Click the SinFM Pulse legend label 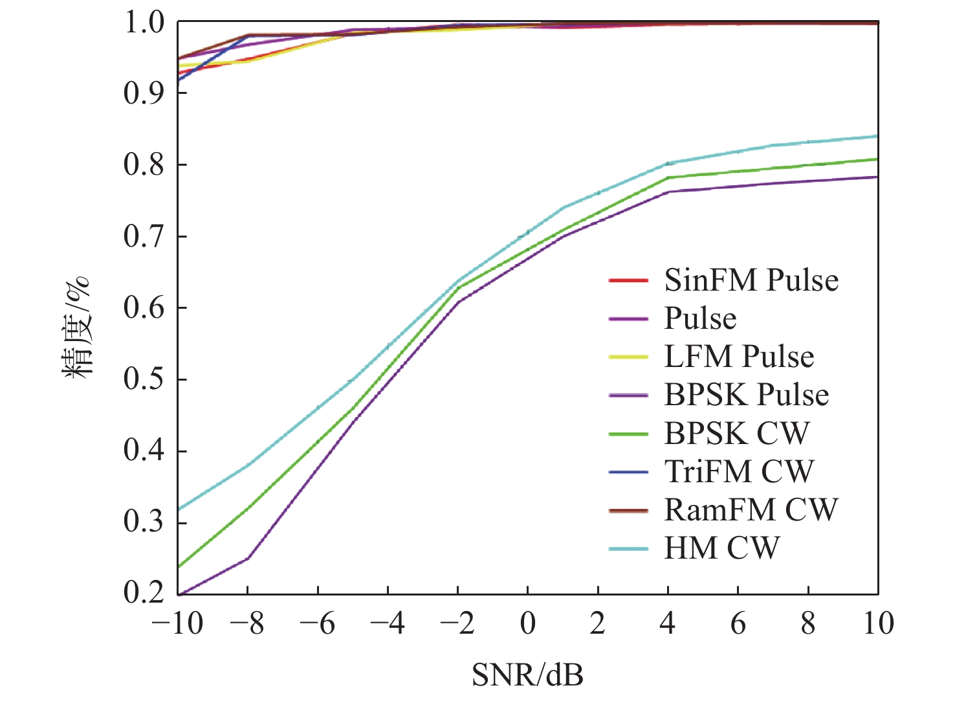pos(751,280)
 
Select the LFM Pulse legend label pos(739,357)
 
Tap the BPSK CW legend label pos(736,433)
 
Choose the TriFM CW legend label pos(739,471)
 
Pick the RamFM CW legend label pos(751,510)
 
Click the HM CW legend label pos(721,548)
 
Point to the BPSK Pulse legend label pos(747,395)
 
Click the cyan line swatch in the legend pos(628,549)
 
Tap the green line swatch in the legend pos(628,434)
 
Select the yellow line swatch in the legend pos(628,357)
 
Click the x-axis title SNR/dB pos(527,675)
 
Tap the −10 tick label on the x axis pos(177,623)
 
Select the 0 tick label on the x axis pos(528,623)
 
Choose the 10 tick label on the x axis pos(878,623)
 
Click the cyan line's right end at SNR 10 pos(877,136)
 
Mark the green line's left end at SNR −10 pos(179,566)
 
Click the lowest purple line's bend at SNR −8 pos(248,558)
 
